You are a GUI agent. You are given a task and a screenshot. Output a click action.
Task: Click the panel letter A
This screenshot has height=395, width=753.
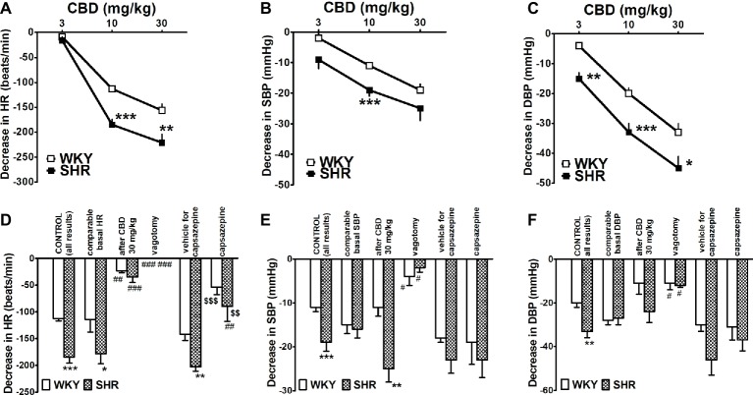8,9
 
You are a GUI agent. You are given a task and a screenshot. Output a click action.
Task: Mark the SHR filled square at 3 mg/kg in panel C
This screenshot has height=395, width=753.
579,79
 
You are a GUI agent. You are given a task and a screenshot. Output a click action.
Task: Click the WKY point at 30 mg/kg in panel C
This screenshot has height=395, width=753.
677,132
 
